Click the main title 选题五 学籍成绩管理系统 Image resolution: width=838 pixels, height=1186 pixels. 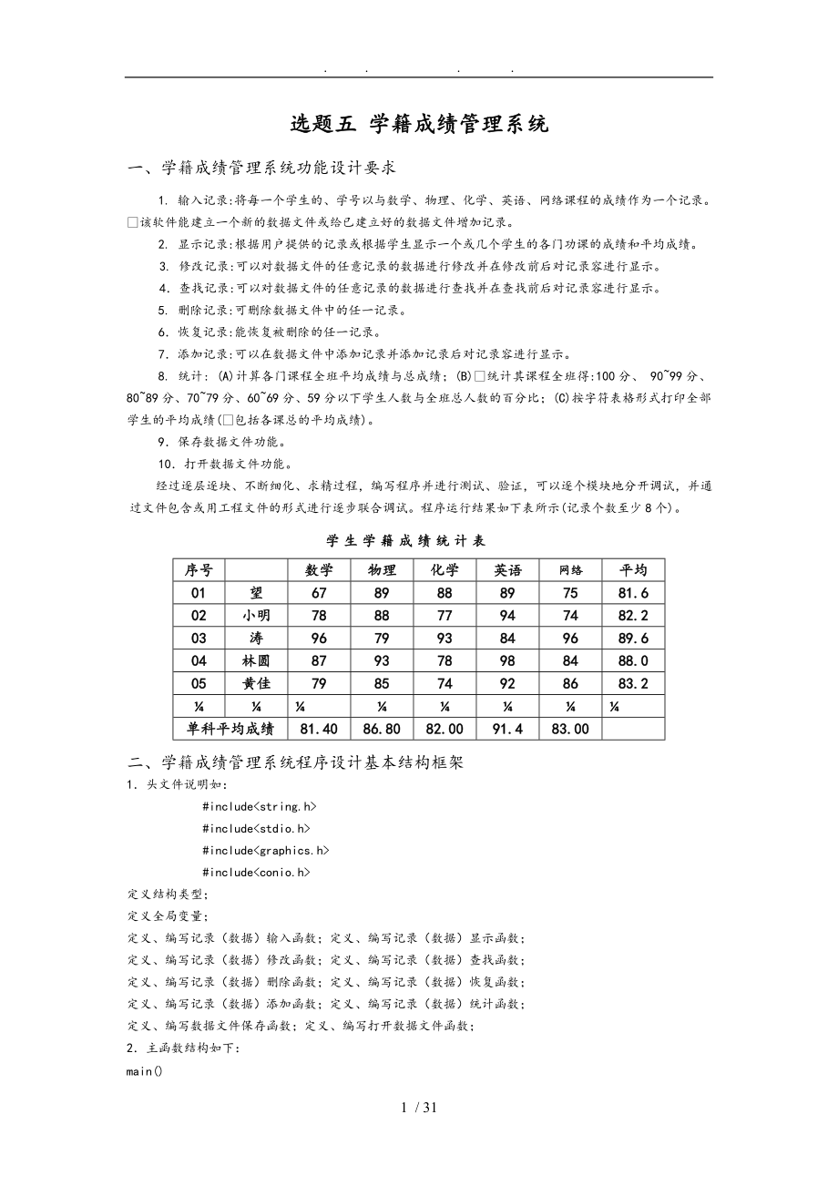(x=419, y=124)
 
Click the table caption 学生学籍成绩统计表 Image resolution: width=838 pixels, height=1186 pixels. (x=419, y=541)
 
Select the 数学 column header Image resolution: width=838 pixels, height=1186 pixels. (x=319, y=570)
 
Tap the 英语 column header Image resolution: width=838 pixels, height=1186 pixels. (x=508, y=570)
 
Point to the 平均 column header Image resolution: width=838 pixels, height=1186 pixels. (x=633, y=570)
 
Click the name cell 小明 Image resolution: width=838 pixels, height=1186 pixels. (x=256, y=616)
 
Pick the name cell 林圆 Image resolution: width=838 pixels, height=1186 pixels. (x=256, y=661)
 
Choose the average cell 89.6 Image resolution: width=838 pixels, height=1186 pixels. (x=633, y=639)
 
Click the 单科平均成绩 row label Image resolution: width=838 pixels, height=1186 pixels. (x=230, y=729)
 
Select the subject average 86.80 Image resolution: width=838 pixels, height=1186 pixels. (x=382, y=729)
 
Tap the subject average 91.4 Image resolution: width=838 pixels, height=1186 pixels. (x=508, y=729)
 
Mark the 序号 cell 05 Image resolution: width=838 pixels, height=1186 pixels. (x=199, y=684)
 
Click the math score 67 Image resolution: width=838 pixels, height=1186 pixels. (x=319, y=593)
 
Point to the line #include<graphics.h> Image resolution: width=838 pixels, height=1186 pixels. (x=266, y=851)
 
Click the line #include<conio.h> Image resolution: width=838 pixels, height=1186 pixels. (x=257, y=873)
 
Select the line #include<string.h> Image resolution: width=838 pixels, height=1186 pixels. (x=260, y=807)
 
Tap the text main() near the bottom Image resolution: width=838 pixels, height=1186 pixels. (x=145, y=1071)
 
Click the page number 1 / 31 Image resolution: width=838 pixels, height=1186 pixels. (x=419, y=1109)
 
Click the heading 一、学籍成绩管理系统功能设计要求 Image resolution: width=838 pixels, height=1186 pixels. (x=261, y=168)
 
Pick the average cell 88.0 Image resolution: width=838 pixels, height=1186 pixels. (x=633, y=661)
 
